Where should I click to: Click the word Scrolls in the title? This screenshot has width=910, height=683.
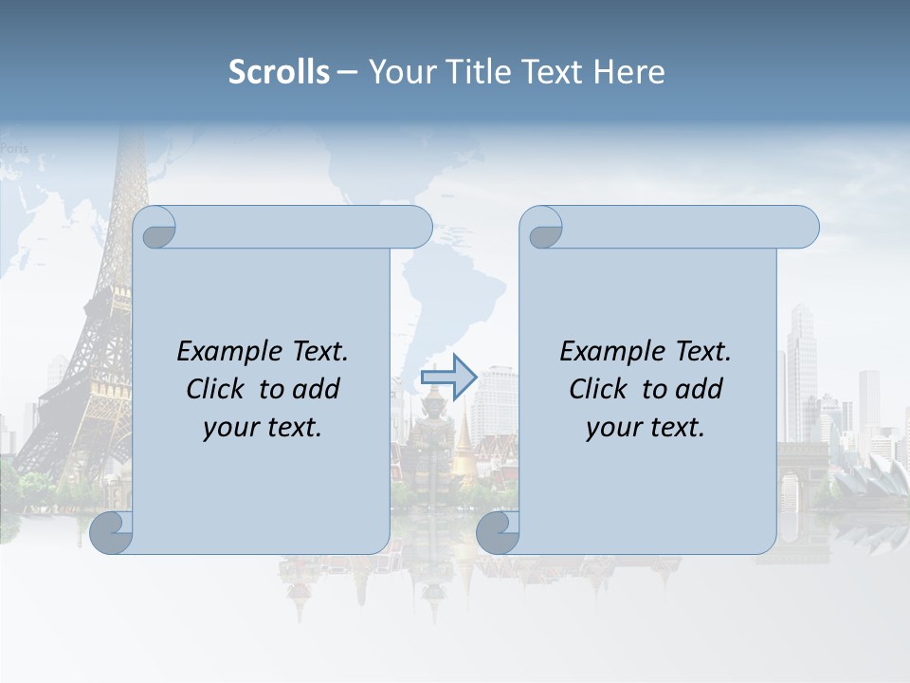[279, 72]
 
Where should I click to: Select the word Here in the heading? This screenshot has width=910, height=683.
[629, 72]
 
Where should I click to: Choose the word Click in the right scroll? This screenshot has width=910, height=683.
[597, 389]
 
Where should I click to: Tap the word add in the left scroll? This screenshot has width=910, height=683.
[316, 389]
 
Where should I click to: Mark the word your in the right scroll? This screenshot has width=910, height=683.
[613, 427]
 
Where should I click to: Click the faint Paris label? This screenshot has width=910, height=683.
[14, 148]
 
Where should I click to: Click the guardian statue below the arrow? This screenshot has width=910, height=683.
[424, 446]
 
